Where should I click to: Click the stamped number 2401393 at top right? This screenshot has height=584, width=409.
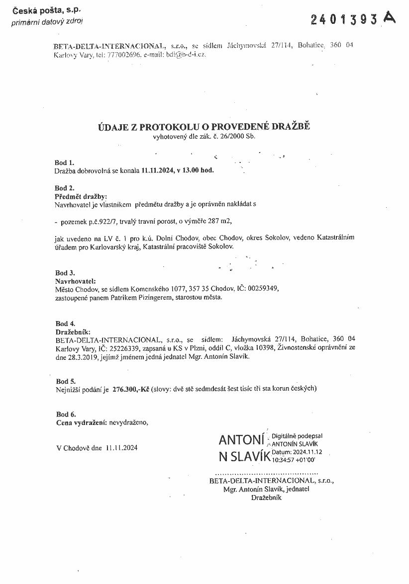click(x=344, y=19)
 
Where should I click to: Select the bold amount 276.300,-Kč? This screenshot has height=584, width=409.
click(x=131, y=389)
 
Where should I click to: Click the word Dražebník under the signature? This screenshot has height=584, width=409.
click(x=266, y=498)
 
